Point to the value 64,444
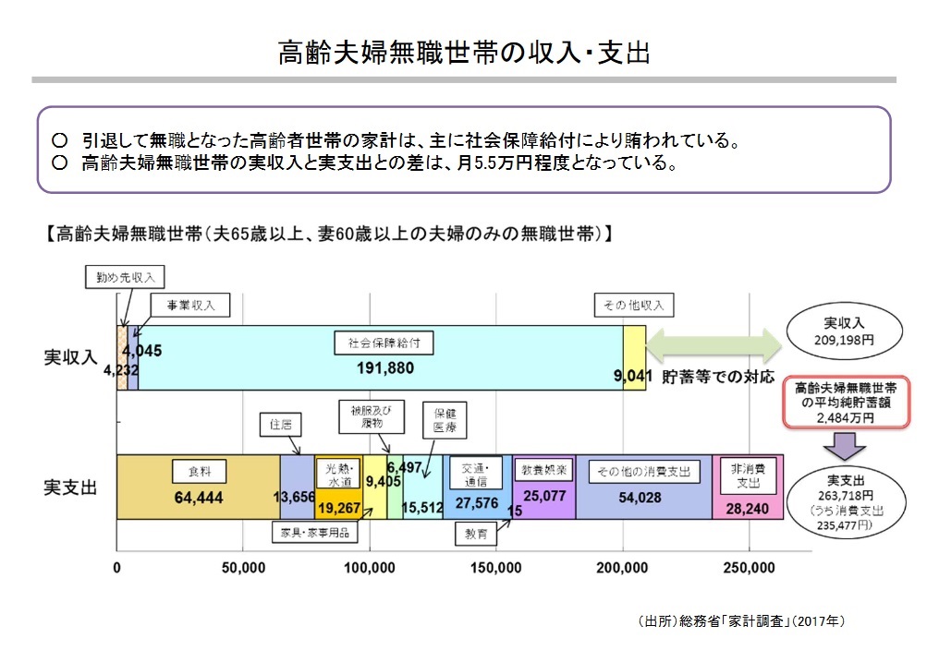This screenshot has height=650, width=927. (199, 497)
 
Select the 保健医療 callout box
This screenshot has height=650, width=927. (445, 420)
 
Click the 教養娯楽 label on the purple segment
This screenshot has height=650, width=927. (543, 470)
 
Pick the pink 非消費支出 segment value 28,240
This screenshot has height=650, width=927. (748, 506)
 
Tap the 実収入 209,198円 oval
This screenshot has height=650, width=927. (843, 331)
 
